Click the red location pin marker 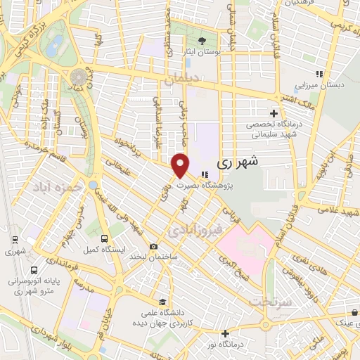coord(181,165)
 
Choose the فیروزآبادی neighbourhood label coord(196,229)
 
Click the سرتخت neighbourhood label coord(269,300)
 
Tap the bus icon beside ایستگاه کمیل coord(103,239)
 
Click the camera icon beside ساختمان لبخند coord(153,246)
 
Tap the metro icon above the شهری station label coord(15,240)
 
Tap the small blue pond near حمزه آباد coord(93,186)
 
